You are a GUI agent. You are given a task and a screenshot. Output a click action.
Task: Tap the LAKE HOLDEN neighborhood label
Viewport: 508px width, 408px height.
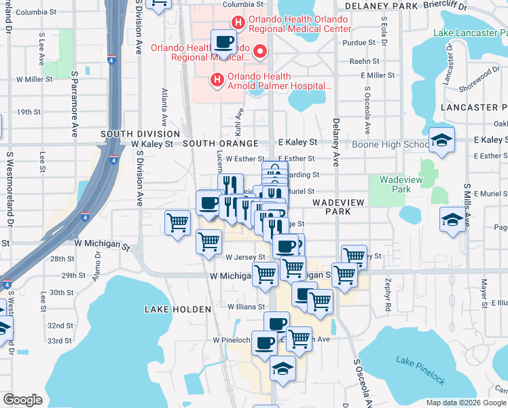[178, 309]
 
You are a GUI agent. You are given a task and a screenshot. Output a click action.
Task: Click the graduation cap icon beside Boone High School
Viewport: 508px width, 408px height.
[441, 140]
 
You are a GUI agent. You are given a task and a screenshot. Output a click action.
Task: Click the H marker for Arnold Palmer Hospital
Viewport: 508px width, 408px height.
[217, 81]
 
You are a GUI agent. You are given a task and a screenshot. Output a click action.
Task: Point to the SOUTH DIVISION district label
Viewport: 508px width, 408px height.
[140, 134]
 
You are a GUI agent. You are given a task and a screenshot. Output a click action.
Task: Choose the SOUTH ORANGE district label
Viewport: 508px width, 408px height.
[221, 143]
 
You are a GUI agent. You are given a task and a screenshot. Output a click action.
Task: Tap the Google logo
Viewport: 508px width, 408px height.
[23, 400]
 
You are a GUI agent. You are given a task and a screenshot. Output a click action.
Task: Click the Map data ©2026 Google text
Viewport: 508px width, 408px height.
[465, 403]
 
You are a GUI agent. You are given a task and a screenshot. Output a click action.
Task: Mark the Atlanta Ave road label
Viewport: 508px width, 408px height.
[164, 103]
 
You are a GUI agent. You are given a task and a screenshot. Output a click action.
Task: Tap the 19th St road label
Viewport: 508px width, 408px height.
[29, 112]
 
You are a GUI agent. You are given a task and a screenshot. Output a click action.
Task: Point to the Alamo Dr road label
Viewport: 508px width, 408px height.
[98, 261]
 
